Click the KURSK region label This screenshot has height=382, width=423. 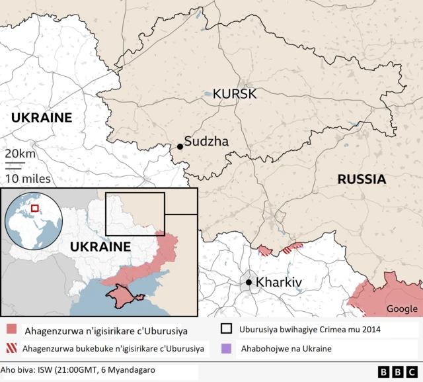pos(235,94)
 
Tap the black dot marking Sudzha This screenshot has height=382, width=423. pos(179,146)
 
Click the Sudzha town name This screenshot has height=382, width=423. pos(206,141)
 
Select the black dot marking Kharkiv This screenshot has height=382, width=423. pos(249,283)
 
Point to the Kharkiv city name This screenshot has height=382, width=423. pos(278,283)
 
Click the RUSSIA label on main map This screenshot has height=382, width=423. pos(362,179)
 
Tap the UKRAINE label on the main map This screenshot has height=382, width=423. pos(41,117)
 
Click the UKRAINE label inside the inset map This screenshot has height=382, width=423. pos(100,246)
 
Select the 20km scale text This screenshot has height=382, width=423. pos(20,154)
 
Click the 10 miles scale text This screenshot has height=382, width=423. pos(28,178)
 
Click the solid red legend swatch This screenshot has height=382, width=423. pos(11,329)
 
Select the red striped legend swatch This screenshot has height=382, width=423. pos(11,348)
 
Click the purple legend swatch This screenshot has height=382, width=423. pos(226,348)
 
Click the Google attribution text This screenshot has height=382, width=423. pos(402,309)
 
